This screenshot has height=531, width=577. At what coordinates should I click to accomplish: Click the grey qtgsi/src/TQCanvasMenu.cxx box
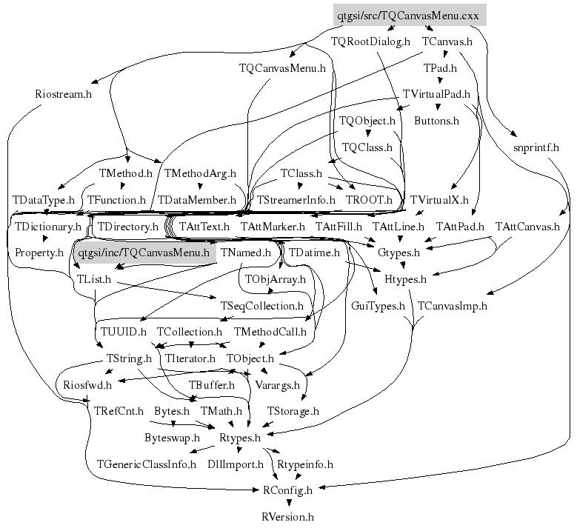[x=408, y=15]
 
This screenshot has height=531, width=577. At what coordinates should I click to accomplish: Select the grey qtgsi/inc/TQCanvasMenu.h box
[x=144, y=253]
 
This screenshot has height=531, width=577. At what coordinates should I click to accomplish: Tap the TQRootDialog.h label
[x=370, y=41]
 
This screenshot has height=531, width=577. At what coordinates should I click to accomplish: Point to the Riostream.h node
[x=63, y=94]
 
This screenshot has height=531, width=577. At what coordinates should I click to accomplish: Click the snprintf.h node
[x=536, y=147]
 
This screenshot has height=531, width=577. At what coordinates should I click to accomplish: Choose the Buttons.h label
[x=436, y=120]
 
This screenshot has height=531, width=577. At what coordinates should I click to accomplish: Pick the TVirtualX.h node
[x=439, y=200]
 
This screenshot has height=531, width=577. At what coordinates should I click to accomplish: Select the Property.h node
[x=39, y=253]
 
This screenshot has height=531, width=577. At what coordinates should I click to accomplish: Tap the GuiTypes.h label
[x=378, y=305]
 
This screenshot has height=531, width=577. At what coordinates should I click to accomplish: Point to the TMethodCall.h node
[x=270, y=332]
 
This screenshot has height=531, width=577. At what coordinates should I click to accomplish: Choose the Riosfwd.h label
[x=87, y=385]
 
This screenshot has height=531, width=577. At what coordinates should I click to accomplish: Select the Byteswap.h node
[x=172, y=438]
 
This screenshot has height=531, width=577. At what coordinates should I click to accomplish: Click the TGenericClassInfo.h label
[x=147, y=464]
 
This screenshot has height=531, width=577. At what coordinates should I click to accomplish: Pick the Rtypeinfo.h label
[x=304, y=464]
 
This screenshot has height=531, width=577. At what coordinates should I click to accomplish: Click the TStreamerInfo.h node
[x=296, y=200]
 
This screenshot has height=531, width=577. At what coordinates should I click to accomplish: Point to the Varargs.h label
[x=277, y=385]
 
